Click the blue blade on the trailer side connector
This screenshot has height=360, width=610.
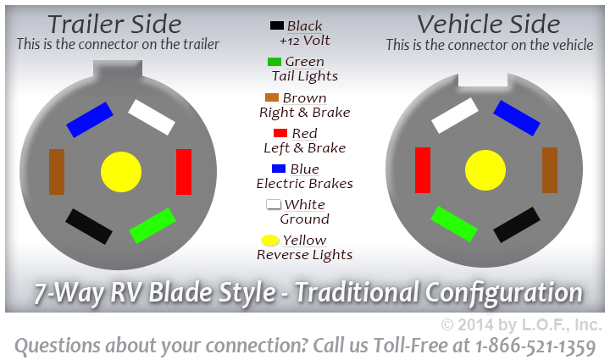[90, 119]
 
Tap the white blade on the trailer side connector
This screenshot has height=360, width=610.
[152, 118]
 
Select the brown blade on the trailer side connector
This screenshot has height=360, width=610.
[57, 171]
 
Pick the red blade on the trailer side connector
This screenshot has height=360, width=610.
[183, 171]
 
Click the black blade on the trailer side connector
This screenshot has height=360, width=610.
[89, 226]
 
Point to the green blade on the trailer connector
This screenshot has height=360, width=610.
[152, 225]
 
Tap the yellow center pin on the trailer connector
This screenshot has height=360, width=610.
[121, 172]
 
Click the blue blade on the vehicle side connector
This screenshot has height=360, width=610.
[517, 118]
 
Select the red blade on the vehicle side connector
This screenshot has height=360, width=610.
[422, 169]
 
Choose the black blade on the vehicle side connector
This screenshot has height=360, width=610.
[517, 225]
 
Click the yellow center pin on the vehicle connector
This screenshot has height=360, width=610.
[485, 170]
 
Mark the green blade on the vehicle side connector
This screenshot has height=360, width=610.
[454, 224]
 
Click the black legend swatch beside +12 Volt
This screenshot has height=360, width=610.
[276, 26]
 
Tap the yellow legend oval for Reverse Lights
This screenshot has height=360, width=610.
[270, 241]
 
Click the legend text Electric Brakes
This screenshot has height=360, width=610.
[304, 183]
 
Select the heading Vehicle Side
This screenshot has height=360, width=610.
[489, 24]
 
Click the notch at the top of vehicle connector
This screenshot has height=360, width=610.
[482, 80]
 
